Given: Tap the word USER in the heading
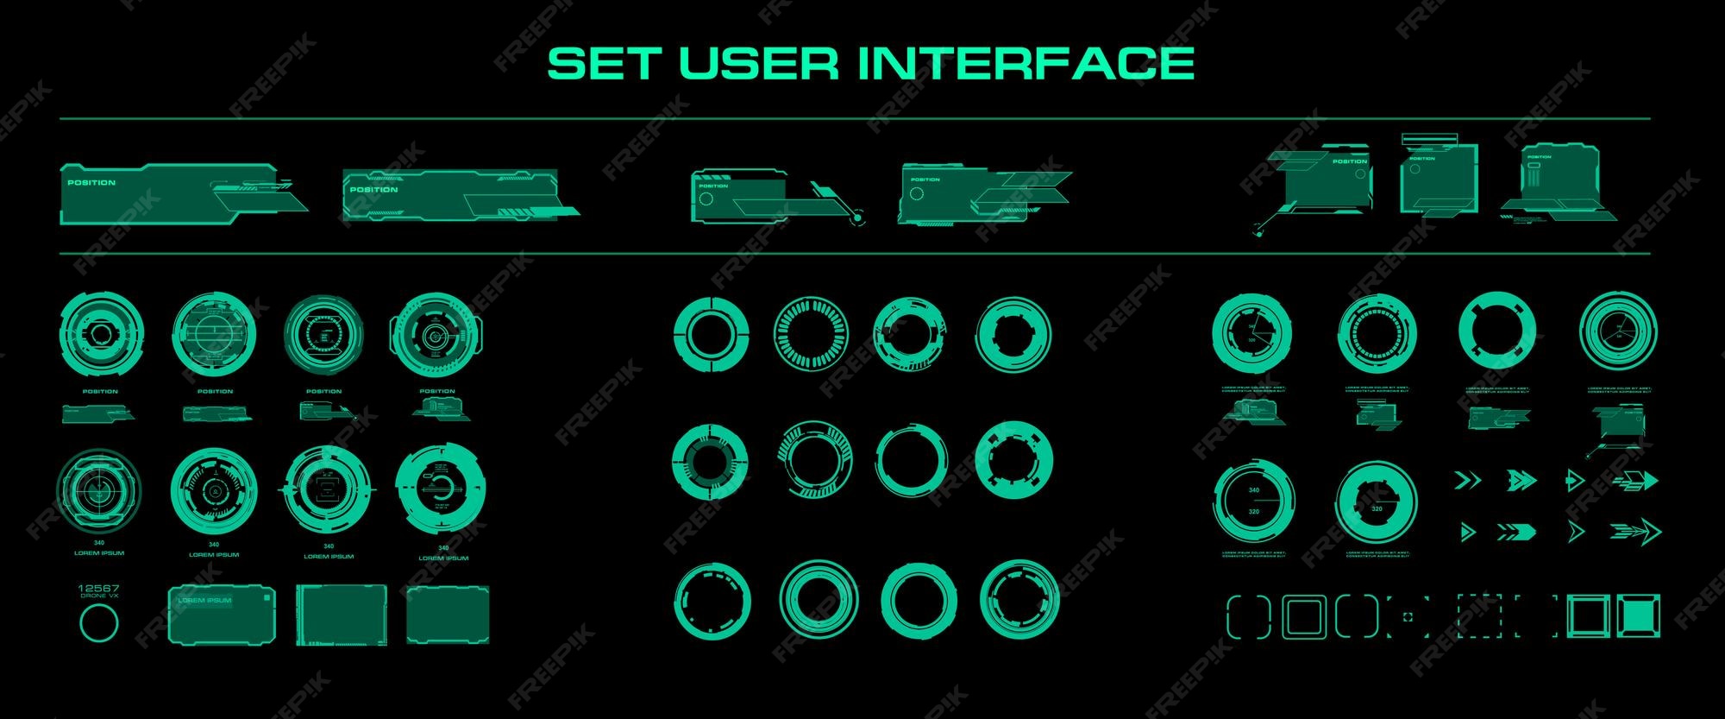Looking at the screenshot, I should click(759, 63).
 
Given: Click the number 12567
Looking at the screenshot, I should click(98, 589).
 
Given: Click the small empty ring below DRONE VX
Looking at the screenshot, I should click(98, 622).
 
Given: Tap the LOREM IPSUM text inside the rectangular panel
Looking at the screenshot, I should click(204, 600).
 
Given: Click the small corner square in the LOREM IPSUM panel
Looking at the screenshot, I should click(268, 595).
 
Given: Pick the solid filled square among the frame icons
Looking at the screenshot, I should click(1639, 617).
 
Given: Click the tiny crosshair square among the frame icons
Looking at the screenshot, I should click(1408, 617).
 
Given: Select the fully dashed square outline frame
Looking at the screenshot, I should click(1478, 617).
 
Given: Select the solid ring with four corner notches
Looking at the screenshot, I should click(1496, 331).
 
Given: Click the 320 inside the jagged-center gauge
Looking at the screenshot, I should click(1377, 508).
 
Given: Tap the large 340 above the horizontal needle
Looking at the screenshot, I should click(1254, 490).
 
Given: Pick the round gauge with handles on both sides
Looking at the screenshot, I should click(437, 333).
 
